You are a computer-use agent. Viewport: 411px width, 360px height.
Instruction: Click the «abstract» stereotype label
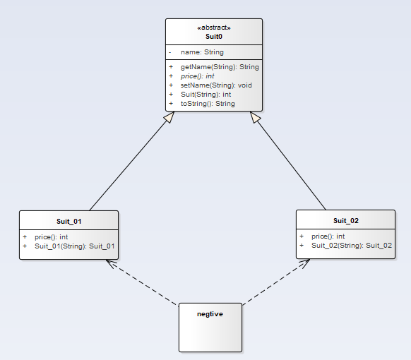(214, 28)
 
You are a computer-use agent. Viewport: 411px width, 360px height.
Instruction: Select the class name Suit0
(214, 37)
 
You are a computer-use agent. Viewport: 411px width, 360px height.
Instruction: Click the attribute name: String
(202, 52)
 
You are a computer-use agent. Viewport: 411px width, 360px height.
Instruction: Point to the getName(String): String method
(220, 67)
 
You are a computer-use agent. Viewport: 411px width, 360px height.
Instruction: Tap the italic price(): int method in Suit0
(197, 76)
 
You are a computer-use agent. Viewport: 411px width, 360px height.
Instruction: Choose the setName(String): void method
(216, 85)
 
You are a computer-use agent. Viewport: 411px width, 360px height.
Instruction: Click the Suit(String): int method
(205, 95)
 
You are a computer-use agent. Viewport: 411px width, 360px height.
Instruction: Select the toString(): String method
(208, 104)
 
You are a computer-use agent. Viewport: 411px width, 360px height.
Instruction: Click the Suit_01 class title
(69, 222)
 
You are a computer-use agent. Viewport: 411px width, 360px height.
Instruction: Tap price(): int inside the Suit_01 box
(52, 237)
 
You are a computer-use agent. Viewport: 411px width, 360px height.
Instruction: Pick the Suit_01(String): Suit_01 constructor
(75, 246)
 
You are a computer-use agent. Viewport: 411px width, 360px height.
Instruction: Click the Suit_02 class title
(346, 221)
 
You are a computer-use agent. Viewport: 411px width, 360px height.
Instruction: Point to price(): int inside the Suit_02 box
(328, 236)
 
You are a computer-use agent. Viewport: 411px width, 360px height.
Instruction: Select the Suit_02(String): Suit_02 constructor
(352, 246)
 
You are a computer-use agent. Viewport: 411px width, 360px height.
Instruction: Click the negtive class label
(210, 314)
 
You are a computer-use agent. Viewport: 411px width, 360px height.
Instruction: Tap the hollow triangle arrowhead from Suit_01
(169, 117)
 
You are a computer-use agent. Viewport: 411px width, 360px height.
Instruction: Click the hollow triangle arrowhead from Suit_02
(255, 117)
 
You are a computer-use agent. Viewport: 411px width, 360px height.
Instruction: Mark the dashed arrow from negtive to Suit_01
(141, 282)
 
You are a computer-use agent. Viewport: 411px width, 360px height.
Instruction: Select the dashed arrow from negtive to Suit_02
(276, 282)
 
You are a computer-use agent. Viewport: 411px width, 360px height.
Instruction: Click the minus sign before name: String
(170, 53)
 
